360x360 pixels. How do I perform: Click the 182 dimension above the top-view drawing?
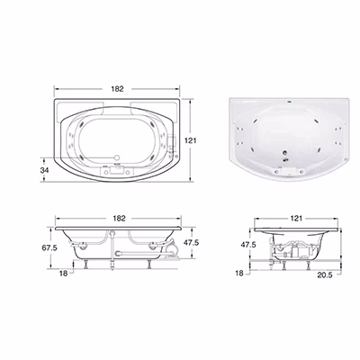[x=117, y=89]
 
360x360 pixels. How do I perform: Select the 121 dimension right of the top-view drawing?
[x=191, y=140]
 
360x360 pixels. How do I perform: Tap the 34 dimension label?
[x=44, y=170]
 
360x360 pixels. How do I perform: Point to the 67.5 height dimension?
[x=49, y=247]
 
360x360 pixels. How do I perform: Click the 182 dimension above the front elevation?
[x=119, y=219]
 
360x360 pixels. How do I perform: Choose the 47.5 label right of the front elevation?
[x=191, y=242]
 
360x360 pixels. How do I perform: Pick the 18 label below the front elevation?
[x=63, y=274]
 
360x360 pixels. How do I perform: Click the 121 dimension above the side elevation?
[x=296, y=219]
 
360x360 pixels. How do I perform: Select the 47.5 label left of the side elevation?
[x=248, y=245]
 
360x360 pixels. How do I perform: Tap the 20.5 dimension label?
[x=325, y=275]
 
